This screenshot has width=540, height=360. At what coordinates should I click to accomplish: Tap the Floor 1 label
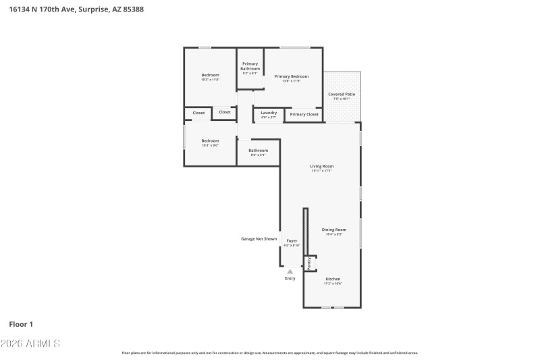21,324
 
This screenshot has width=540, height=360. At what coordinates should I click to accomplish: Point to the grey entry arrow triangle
290,272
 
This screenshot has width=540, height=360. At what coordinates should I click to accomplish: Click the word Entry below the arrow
290,278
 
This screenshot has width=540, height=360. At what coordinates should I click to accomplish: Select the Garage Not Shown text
259,238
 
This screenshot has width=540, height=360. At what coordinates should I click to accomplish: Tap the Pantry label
309,263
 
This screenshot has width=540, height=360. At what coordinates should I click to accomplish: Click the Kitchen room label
333,279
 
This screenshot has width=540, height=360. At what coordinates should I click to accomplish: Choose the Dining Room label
334,230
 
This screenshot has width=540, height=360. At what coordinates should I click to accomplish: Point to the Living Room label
322,166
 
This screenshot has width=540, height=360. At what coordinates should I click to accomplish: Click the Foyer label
292,241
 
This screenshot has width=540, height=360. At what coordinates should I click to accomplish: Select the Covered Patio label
342,95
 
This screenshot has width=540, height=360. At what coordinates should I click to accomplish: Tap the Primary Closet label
304,115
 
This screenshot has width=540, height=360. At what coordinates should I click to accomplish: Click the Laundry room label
269,113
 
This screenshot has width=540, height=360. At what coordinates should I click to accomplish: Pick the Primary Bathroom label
250,66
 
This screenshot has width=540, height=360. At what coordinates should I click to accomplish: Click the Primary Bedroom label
292,76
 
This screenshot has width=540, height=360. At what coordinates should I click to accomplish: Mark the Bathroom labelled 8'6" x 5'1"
258,151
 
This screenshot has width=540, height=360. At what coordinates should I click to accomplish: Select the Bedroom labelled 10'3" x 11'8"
210,75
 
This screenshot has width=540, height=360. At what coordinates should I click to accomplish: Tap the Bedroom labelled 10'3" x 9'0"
210,140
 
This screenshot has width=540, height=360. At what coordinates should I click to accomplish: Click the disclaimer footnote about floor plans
270,353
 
